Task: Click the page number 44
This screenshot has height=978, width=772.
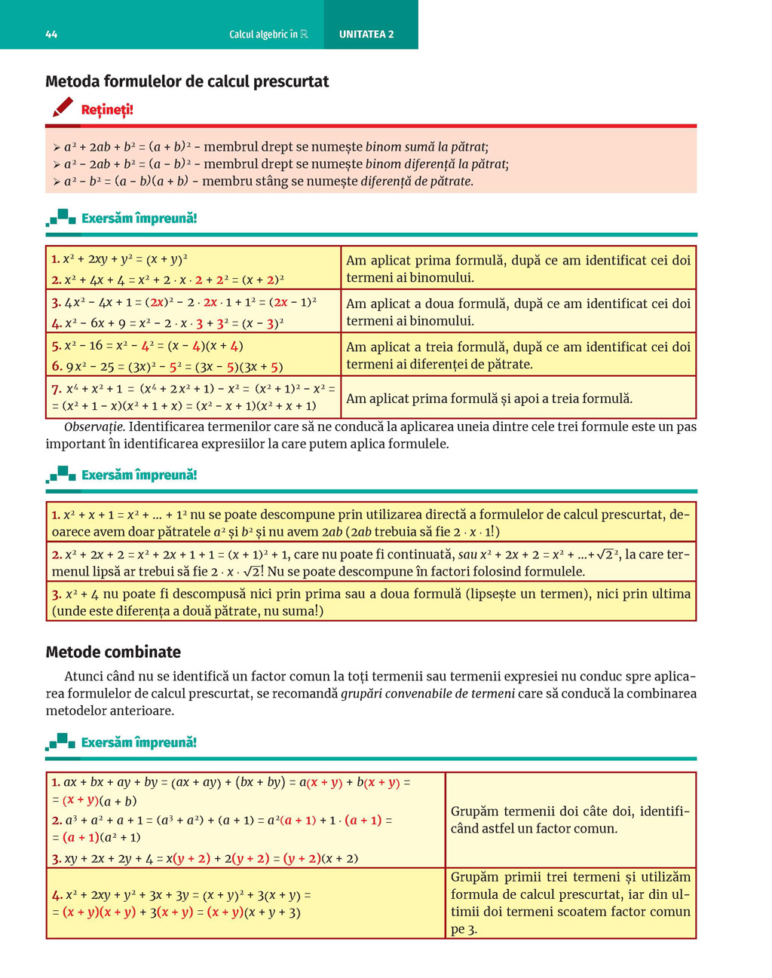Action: point(51,35)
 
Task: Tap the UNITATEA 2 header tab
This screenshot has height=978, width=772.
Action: point(366,35)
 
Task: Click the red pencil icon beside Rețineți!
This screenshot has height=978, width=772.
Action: point(63,108)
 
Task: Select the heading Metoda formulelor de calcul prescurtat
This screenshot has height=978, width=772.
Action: point(187,81)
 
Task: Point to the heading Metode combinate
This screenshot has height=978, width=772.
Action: point(113,652)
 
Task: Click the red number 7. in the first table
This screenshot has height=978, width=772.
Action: point(57,390)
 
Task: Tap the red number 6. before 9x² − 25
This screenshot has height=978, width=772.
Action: point(57,367)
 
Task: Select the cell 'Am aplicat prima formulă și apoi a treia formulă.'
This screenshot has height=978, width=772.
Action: point(489,399)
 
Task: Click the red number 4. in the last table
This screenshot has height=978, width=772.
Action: point(57,895)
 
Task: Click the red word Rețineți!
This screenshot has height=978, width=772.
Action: point(107,110)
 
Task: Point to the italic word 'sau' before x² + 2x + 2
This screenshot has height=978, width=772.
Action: point(467,555)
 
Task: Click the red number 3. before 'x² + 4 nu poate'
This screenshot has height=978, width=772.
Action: point(57,594)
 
